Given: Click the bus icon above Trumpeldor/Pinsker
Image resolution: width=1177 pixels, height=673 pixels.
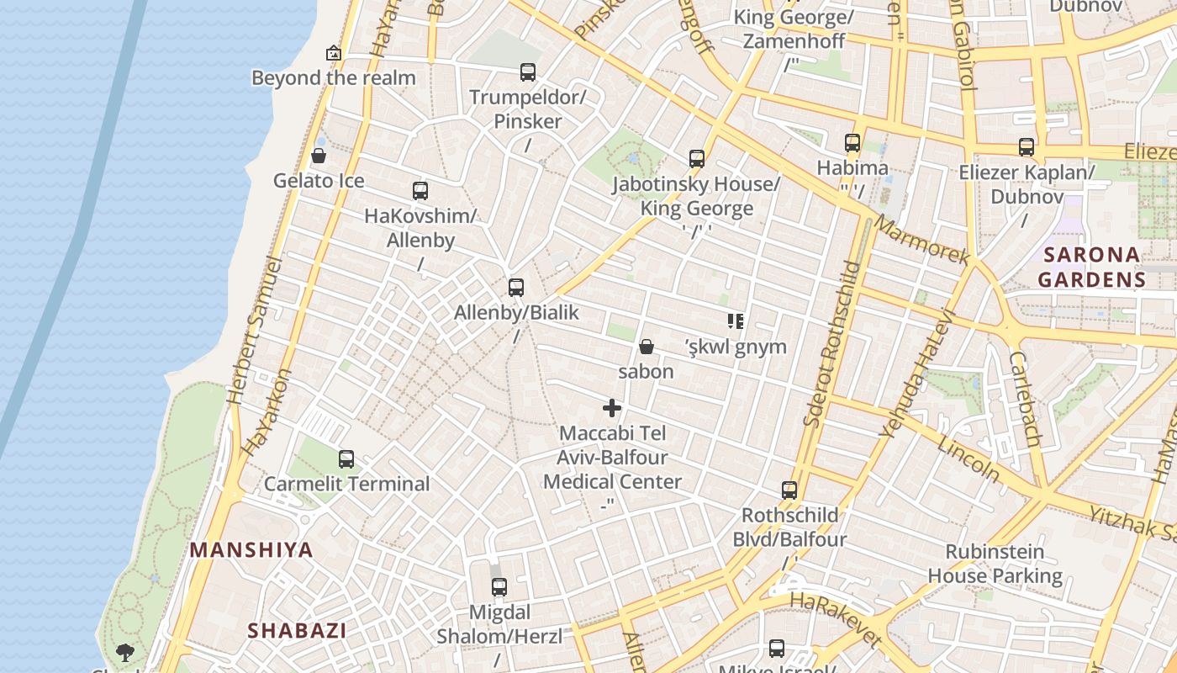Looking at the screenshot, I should click(528, 72).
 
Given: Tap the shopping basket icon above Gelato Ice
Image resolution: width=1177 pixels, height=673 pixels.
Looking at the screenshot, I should click(319, 156).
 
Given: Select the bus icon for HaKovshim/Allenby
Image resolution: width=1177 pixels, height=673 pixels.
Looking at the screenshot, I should click(420, 191).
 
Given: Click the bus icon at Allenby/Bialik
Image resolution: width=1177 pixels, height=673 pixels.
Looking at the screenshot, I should click(516, 288).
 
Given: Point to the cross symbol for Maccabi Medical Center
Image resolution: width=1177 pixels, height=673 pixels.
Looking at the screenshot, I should click(612, 409).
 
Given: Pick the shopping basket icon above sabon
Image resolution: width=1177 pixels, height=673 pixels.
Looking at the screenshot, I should click(647, 347).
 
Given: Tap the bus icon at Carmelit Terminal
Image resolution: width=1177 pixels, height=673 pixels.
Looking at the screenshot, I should click(346, 459).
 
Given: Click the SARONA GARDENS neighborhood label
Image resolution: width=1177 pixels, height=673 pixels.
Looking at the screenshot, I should click(1091, 267).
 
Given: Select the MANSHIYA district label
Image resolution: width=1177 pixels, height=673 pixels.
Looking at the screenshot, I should click(251, 550).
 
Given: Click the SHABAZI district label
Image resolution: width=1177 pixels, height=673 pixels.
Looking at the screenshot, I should click(297, 630).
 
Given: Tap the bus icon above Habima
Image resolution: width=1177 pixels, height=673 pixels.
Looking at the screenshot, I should click(852, 143).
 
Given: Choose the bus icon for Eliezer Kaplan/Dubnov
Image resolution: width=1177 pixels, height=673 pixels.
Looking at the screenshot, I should click(1027, 147).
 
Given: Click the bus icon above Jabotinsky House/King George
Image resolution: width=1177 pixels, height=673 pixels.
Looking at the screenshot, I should click(696, 159).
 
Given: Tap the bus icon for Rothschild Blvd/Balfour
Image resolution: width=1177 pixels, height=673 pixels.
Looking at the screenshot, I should click(789, 490).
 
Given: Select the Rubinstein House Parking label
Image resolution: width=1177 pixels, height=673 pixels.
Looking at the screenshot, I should click(995, 564).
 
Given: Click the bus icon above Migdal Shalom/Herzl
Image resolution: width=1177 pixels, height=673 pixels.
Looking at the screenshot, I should click(499, 587).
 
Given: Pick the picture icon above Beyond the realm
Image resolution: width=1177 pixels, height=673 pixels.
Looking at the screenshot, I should click(334, 53).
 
